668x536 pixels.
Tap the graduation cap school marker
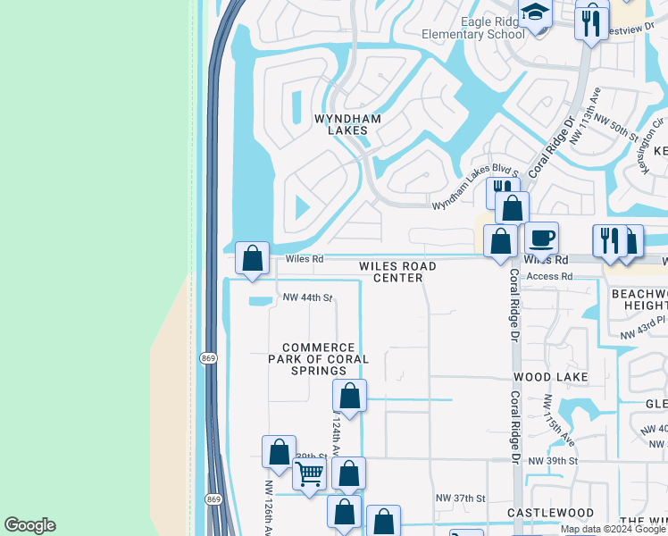535,13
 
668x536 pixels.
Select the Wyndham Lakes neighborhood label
347,124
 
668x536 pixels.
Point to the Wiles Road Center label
397,272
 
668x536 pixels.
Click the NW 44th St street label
307,297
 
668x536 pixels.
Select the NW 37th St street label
460,498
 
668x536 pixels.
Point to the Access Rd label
549,277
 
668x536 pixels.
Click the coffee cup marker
541,239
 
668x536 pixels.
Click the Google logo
30,525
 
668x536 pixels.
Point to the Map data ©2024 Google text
614,529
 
